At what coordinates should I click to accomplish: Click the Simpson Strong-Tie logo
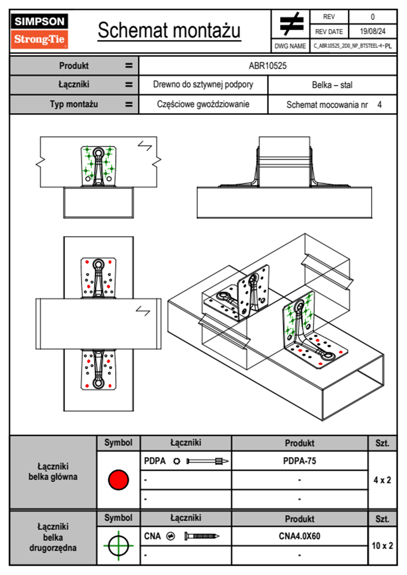coord(39,31)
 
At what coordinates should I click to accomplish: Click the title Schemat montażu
coord(169,30)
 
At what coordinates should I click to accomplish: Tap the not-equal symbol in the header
coord(291,24)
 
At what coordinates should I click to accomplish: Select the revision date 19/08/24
coord(372,31)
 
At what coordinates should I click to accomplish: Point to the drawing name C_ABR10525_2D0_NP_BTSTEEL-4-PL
coord(353,46)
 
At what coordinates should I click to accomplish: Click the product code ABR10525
coord(267,66)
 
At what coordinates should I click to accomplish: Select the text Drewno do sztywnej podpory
coord(203,84)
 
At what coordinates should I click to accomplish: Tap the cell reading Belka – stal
coord(332,85)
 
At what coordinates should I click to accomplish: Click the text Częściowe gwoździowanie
coord(203,104)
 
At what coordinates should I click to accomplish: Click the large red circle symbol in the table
coord(118,480)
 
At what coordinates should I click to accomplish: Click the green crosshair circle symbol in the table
coord(118,546)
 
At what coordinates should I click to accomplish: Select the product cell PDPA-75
coord(299,461)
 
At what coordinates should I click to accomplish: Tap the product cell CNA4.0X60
coord(299,536)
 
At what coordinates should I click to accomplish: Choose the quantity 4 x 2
coord(382,480)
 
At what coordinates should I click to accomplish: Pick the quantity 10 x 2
coord(382,546)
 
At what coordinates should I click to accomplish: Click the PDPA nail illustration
coord(208,461)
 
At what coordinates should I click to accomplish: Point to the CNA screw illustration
coord(202,536)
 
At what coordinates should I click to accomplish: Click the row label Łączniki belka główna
coord(53,471)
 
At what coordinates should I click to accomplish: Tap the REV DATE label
coord(329,31)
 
